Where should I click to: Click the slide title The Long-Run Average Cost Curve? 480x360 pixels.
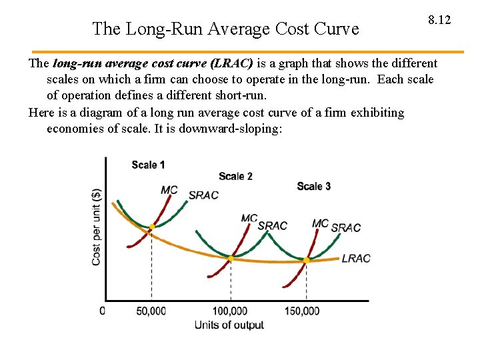[225, 29]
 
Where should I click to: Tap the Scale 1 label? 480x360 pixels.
[148, 165]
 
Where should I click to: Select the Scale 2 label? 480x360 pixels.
[235, 176]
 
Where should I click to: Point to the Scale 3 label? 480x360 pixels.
[313, 186]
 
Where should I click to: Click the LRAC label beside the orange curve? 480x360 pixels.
[355, 259]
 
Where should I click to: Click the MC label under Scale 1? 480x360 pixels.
[169, 191]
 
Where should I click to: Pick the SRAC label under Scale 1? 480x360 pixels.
[203, 195]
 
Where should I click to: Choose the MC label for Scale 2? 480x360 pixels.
[249, 218]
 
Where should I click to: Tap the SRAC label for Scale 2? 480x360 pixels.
[272, 225]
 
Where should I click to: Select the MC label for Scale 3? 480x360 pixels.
[320, 223]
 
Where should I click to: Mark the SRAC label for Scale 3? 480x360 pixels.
[345, 228]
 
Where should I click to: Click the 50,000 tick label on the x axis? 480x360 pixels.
[151, 311]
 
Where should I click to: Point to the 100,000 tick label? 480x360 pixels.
[229, 311]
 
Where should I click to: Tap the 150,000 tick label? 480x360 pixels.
[301, 311]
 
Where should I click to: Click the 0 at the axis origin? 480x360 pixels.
[102, 311]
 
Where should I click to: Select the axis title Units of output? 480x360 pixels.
[229, 325]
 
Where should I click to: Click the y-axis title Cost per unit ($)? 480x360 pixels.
[97, 227]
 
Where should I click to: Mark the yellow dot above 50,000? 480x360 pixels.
[152, 227]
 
